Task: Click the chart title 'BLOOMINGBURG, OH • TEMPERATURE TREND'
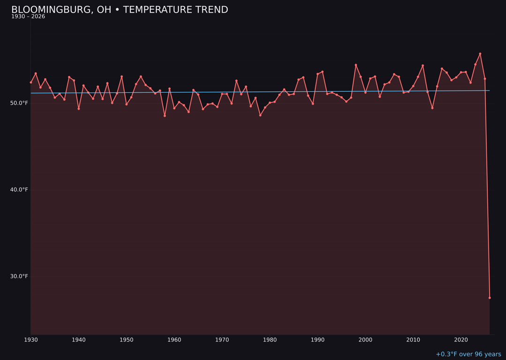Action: click(119, 10)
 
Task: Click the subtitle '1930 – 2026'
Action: click(28, 17)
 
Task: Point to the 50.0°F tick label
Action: click(19, 103)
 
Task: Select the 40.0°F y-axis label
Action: click(19, 190)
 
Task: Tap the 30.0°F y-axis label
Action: click(19, 276)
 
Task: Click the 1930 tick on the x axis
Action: click(31, 340)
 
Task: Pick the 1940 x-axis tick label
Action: click(79, 340)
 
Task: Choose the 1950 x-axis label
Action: click(126, 340)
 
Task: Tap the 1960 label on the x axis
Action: click(174, 340)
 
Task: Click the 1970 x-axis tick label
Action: click(222, 340)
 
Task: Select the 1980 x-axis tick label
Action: click(270, 340)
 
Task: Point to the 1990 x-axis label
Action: click(318, 340)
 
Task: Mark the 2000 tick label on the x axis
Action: click(365, 340)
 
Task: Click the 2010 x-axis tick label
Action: click(413, 340)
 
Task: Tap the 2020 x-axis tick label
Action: click(461, 340)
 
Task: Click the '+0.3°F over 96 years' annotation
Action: click(468, 354)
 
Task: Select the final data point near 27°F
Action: click(490, 298)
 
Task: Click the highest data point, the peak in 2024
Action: click(480, 54)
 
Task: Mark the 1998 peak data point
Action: click(356, 65)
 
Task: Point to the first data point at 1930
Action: click(31, 82)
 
